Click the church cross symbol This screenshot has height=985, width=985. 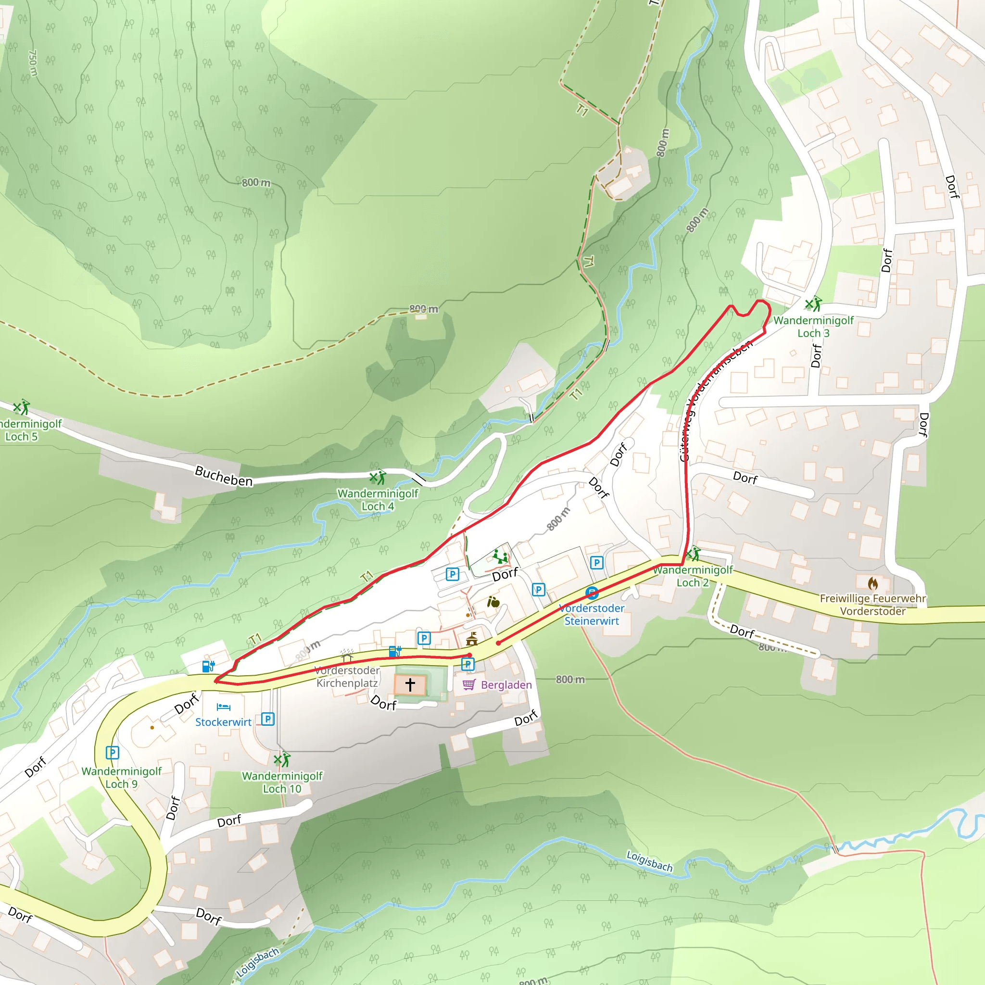(x=410, y=684)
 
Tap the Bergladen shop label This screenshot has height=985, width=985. (x=506, y=685)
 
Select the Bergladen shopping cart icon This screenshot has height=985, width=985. (x=469, y=684)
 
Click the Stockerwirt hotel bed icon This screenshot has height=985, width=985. (x=223, y=707)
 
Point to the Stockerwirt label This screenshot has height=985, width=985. (x=223, y=722)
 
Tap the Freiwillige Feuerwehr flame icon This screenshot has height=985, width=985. (x=873, y=583)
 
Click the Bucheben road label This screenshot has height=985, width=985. (x=223, y=476)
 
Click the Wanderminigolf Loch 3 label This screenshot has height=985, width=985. (x=813, y=327)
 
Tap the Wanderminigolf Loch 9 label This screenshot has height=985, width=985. (x=121, y=778)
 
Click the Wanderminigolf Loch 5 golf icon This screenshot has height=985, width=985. (x=22, y=407)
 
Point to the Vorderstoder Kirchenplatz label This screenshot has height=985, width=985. (x=347, y=677)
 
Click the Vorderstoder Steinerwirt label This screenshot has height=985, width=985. (x=592, y=614)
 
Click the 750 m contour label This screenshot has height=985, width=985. (x=33, y=63)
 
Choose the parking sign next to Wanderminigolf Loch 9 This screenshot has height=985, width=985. (x=112, y=753)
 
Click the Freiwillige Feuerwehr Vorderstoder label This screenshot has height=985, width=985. (x=873, y=605)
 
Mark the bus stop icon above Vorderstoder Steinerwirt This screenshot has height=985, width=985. (x=592, y=593)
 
